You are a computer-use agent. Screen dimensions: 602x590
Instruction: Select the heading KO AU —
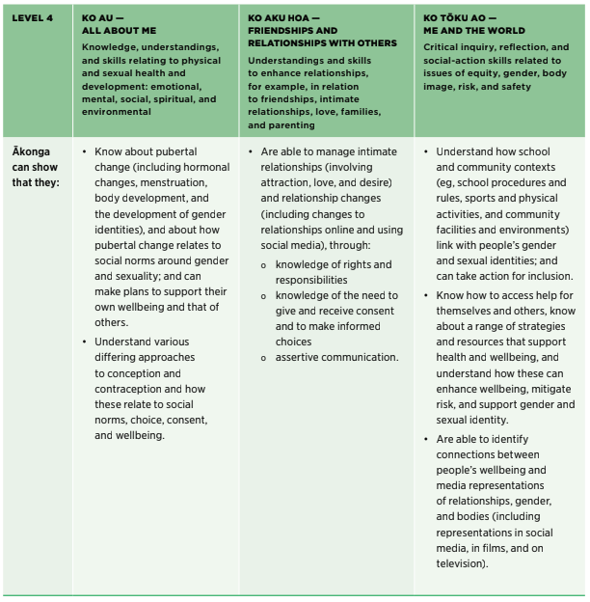pos(104,18)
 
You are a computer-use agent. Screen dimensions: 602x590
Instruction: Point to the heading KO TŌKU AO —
pos(460,18)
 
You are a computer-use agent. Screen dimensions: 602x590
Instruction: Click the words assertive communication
pos(337,357)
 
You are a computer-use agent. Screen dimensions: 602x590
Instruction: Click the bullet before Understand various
pos(85,342)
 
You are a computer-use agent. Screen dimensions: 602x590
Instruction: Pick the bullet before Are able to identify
pos(427,439)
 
